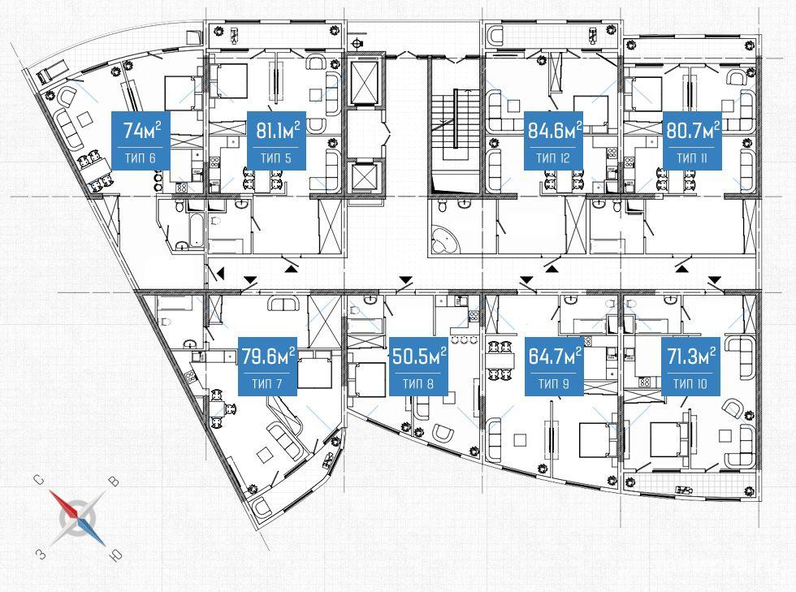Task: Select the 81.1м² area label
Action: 278,131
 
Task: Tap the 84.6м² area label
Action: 554,131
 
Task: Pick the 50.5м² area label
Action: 419,356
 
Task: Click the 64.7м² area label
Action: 554,356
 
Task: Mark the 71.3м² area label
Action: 691,356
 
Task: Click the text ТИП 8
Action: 418,384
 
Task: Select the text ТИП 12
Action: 553,158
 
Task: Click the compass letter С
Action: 37,480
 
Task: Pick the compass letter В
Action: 115,480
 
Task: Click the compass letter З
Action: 41,553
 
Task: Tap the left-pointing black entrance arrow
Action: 220,274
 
